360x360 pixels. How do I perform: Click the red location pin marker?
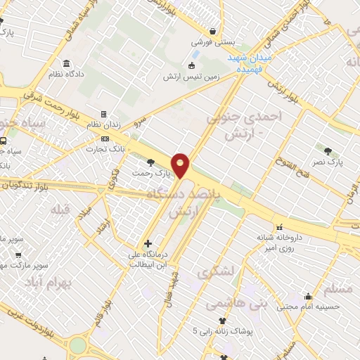pyautogui.click(x=181, y=165)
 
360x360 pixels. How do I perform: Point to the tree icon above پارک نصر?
pyautogui.click(x=328, y=150)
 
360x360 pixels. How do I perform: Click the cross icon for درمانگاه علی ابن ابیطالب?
pyautogui.click(x=147, y=243)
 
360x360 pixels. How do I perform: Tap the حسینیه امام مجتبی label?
pyautogui.click(x=308, y=307)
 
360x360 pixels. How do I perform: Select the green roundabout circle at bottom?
pyautogui.click(x=77, y=345)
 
